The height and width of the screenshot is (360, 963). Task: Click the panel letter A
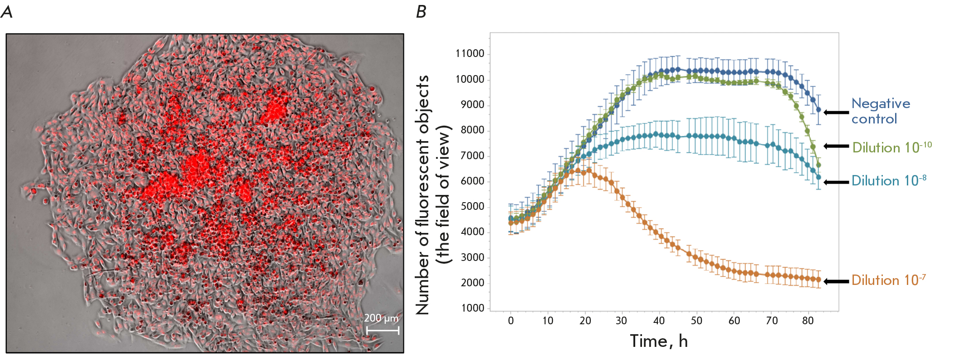pos(7,11)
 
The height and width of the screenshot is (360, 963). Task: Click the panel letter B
pos(421,11)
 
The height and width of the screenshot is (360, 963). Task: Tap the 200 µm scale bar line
pos(383,331)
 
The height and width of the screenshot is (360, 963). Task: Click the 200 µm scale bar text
pos(381,318)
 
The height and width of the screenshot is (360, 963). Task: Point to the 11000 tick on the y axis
pos(470,54)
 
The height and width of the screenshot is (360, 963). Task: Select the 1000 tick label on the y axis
pos(472,308)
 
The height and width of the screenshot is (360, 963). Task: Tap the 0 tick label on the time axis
pos(511,321)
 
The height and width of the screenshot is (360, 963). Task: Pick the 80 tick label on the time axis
pos(808,321)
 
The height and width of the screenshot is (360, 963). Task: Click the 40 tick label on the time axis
pos(659,321)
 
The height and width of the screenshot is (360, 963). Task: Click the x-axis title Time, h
pos(659,341)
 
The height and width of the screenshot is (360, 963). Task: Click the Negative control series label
pos(880,111)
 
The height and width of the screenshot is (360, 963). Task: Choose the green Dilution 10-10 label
pos(891,147)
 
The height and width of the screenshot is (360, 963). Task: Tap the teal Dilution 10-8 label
pos(888,181)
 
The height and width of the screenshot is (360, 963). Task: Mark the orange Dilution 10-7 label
pos(888,280)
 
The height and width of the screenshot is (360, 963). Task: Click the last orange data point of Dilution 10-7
pos(818,279)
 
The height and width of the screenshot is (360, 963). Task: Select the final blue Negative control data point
pos(818,110)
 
